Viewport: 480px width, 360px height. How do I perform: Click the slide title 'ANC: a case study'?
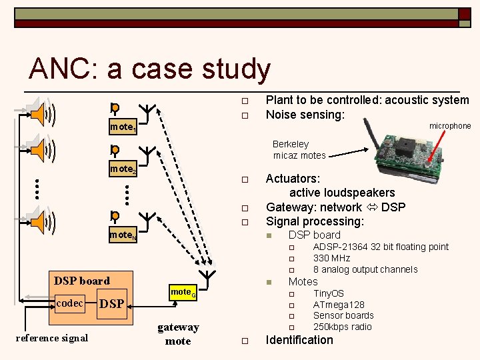click(x=150, y=69)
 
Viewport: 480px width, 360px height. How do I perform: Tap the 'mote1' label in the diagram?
click(x=123, y=126)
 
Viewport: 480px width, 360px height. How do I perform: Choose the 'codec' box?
click(x=70, y=303)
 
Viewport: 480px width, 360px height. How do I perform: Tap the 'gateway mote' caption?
click(x=178, y=334)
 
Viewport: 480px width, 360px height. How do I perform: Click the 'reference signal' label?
click(x=51, y=337)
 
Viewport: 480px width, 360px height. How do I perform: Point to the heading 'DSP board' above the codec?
click(x=82, y=281)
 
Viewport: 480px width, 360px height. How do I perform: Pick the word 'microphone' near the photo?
click(x=449, y=126)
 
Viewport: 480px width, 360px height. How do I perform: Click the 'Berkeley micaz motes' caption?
click(x=299, y=150)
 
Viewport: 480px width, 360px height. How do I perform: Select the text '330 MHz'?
click(x=331, y=258)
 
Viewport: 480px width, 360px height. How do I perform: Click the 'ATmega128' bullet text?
click(x=339, y=305)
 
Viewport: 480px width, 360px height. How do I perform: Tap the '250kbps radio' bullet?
click(x=342, y=327)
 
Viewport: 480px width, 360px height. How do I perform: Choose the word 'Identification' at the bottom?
click(x=299, y=340)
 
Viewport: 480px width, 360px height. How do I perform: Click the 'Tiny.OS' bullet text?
click(x=328, y=293)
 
